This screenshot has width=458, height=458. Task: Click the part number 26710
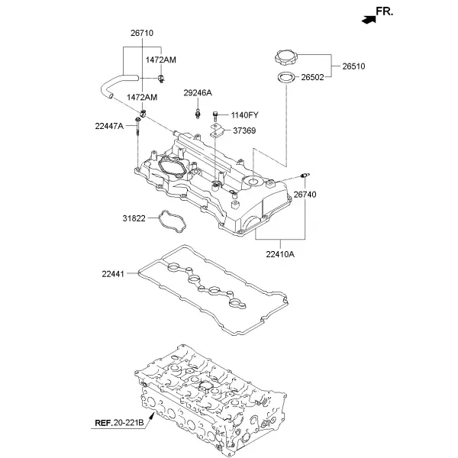142,33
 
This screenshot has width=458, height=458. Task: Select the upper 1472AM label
161,60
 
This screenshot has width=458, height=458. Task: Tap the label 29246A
198,93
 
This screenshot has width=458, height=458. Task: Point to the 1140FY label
245,115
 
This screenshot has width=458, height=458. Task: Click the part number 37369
244,131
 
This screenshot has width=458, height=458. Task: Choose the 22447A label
109,126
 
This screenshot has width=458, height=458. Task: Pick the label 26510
353,66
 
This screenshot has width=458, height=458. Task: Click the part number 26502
312,77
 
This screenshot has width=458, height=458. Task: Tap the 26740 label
305,195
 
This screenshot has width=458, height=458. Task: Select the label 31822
134,218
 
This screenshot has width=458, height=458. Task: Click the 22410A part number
280,254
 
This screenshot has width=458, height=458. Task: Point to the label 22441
113,274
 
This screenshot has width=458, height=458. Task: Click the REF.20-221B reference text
120,423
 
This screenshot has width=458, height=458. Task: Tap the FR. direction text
385,11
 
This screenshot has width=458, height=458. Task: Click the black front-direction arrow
369,20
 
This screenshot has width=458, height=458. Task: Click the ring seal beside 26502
286,78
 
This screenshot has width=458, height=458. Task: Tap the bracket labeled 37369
217,131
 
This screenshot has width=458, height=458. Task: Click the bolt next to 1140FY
215,116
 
